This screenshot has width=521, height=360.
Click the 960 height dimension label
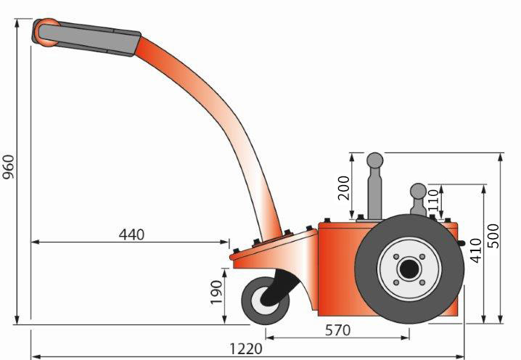click(x=9, y=167)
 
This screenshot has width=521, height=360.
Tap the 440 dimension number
click(x=131, y=234)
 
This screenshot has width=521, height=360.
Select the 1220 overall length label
click(x=246, y=349)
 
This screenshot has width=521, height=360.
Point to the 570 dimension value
click(x=337, y=330)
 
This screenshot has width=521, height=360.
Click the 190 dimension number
click(x=216, y=292)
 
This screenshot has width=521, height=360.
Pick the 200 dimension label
click(x=344, y=188)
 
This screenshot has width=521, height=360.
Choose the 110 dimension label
click(x=434, y=200)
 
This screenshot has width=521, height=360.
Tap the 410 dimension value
click(x=476, y=250)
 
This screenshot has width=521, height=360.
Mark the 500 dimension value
click(x=493, y=236)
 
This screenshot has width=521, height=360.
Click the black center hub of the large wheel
click(x=409, y=269)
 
